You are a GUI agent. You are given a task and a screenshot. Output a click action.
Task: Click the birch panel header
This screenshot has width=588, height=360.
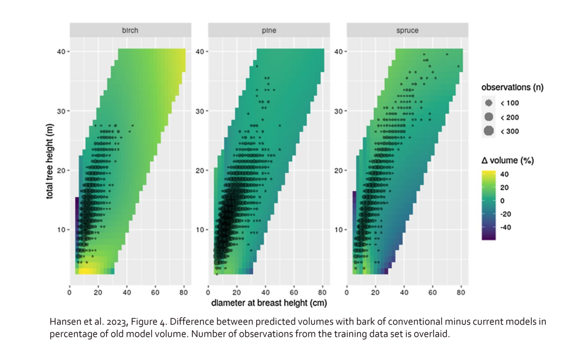point(130,30)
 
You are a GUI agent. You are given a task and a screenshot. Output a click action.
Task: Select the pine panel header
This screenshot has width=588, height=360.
point(269,30)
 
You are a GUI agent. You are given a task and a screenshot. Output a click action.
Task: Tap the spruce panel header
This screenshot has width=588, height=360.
point(407,30)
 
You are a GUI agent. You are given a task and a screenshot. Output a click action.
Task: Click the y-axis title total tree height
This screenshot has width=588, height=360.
point(50,161)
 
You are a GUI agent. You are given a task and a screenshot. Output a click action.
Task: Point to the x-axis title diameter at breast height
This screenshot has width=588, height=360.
point(269,303)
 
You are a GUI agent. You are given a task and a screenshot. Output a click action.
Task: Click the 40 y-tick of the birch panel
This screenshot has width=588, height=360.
point(61,51)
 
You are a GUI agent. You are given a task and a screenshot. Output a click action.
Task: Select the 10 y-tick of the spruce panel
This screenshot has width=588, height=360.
point(338,230)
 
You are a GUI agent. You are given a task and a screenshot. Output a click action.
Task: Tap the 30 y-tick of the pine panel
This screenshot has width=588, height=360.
point(199,111)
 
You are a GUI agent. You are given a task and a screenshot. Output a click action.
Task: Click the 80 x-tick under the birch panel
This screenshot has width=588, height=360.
point(183,293)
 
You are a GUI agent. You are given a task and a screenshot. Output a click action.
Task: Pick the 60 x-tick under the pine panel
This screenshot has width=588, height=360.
point(294,293)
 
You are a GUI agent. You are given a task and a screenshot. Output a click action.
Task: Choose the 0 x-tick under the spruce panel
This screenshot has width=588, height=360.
point(347,293)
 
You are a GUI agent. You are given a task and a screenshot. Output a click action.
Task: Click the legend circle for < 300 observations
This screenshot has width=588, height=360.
point(488,131)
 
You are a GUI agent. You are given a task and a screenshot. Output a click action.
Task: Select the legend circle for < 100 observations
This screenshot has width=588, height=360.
point(488,103)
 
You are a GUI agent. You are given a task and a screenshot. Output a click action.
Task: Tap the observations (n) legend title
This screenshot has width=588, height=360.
point(512,87)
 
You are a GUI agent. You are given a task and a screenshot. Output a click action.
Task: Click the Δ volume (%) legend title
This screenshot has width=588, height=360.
point(507,160)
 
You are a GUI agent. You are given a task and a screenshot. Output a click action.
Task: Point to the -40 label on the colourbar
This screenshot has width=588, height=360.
point(505,227)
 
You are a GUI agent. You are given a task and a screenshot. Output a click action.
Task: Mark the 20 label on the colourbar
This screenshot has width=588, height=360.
point(504,188)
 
